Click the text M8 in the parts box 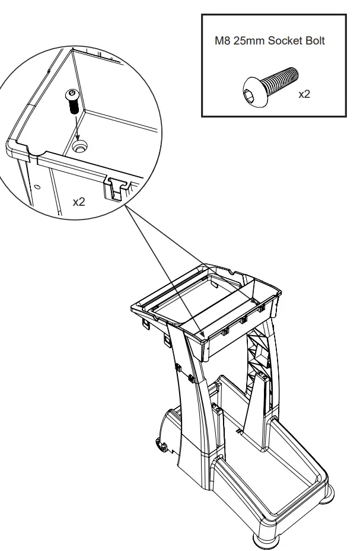point(223,42)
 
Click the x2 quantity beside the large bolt point(303,95)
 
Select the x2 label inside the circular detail point(79,202)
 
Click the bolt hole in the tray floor point(79,144)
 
